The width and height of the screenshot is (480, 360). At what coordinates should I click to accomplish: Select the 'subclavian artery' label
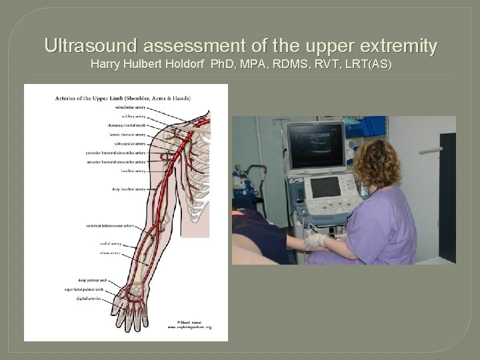click(x=131, y=107)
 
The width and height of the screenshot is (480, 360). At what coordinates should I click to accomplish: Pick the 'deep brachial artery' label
click(x=129, y=189)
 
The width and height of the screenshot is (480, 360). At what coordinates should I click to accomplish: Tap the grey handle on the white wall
click(x=431, y=150)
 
